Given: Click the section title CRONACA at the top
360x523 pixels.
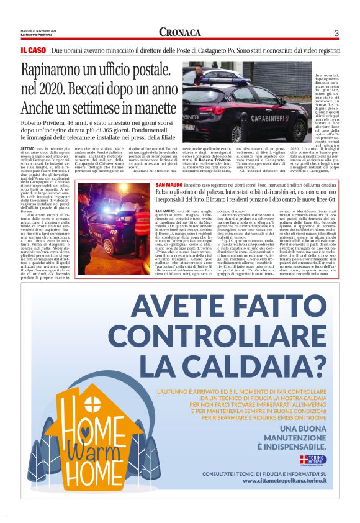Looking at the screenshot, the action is (179, 32).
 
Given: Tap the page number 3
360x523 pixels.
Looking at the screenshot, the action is (336, 33).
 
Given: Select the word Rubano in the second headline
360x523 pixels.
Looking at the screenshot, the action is (168, 177).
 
